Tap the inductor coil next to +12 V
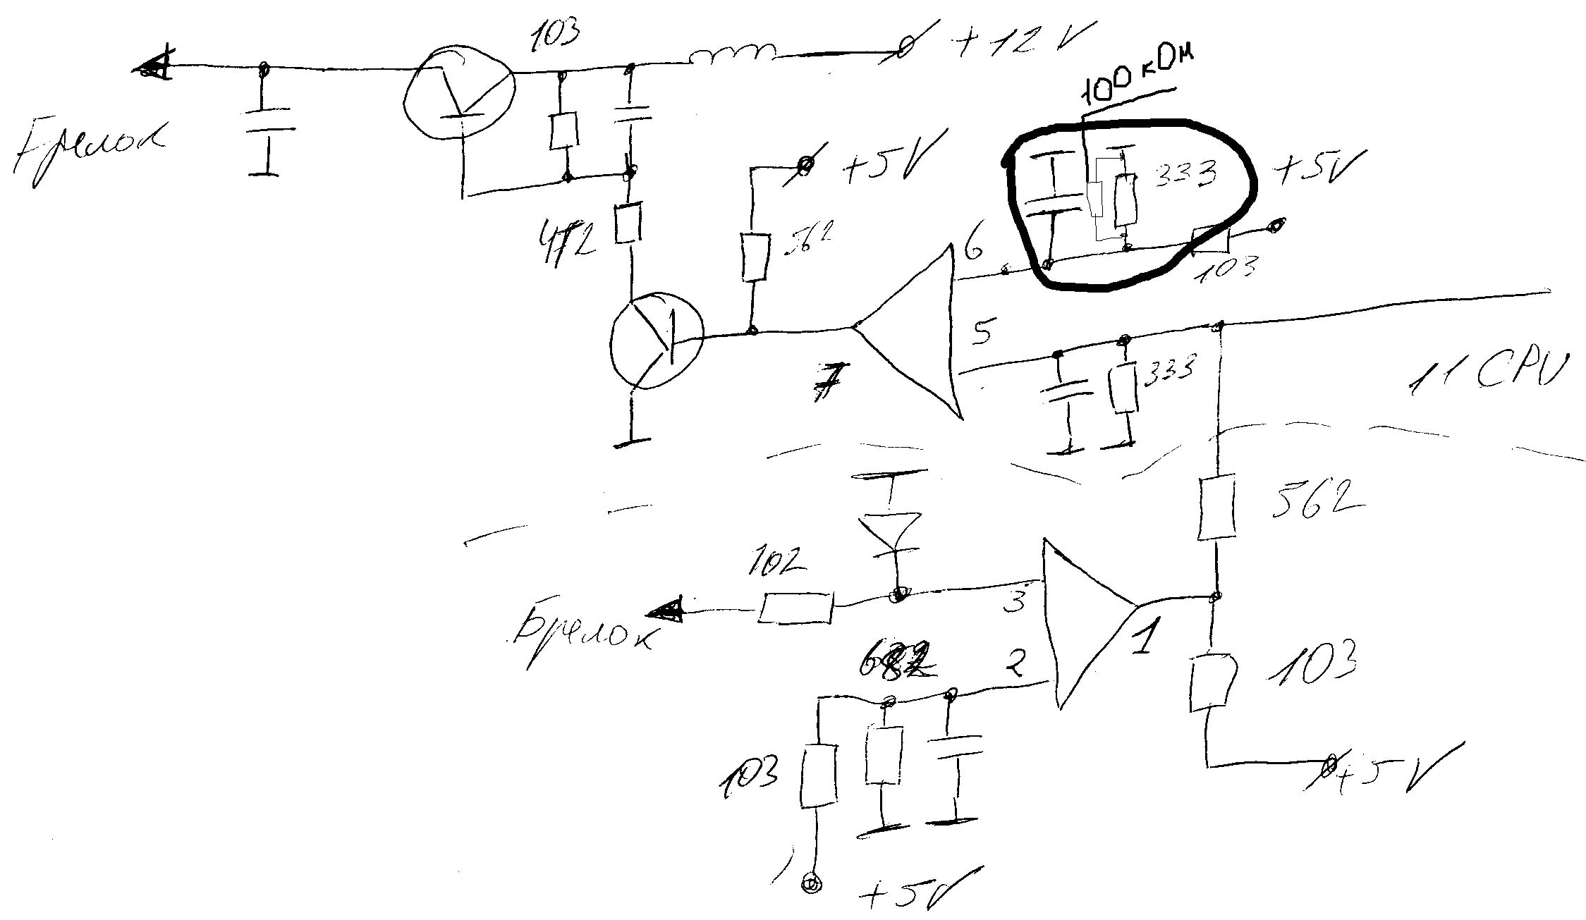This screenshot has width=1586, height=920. (x=733, y=54)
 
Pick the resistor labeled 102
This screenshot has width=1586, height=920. (x=795, y=608)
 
